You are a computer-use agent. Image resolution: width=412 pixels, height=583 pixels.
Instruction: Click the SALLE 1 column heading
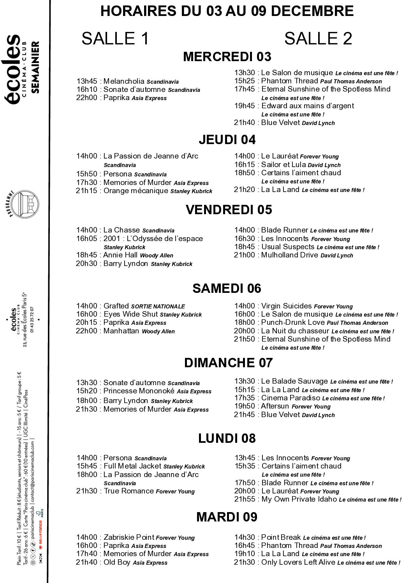click(x=115, y=39)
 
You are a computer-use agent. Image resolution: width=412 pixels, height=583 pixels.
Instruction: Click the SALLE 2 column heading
click(x=318, y=39)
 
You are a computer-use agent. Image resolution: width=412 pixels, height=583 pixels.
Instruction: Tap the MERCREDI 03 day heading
click(x=227, y=57)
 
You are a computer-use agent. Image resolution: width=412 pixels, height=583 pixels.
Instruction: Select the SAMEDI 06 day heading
click(x=227, y=289)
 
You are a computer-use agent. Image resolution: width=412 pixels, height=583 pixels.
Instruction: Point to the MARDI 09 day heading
click(x=227, y=517)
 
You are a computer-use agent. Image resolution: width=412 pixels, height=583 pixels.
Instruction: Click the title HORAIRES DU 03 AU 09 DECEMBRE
click(x=227, y=11)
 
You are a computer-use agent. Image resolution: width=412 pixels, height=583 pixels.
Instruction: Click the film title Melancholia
click(x=124, y=81)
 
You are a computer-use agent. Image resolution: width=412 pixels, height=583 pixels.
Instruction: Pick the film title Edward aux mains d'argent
click(x=308, y=106)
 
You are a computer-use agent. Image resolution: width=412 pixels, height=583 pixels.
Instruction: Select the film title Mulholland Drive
click(x=290, y=255)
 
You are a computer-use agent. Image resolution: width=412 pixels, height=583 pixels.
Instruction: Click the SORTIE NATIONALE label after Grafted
click(x=158, y=306)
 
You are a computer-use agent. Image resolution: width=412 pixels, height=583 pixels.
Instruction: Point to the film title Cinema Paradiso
click(x=291, y=398)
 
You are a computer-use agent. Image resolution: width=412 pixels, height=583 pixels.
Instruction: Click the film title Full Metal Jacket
click(x=132, y=466)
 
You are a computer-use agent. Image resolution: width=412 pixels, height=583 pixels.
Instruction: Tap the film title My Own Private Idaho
click(x=299, y=499)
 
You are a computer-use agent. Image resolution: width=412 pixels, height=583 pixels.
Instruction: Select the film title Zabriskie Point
click(x=129, y=537)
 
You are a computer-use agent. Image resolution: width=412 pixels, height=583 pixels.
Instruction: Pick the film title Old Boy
click(x=117, y=562)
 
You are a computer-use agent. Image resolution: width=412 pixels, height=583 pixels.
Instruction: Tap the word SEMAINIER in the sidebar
click(x=35, y=67)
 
